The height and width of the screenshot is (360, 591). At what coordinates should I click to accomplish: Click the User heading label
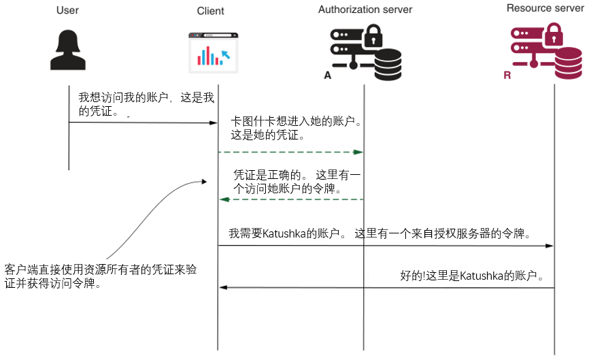coord(69,10)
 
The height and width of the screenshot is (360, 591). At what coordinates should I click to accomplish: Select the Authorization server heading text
coord(365,10)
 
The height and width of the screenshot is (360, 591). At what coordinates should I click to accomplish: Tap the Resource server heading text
coord(545,8)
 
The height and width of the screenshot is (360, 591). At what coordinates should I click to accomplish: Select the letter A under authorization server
coord(327,76)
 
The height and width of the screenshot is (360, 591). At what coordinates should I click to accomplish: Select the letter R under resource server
coord(507,75)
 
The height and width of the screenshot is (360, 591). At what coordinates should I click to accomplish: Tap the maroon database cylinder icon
coord(569,64)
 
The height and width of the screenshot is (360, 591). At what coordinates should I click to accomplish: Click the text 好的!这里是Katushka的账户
coord(472,276)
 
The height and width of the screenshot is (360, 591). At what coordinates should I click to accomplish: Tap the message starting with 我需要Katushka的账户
coord(379,233)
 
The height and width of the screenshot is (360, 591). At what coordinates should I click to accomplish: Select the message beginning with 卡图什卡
coord(296,128)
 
